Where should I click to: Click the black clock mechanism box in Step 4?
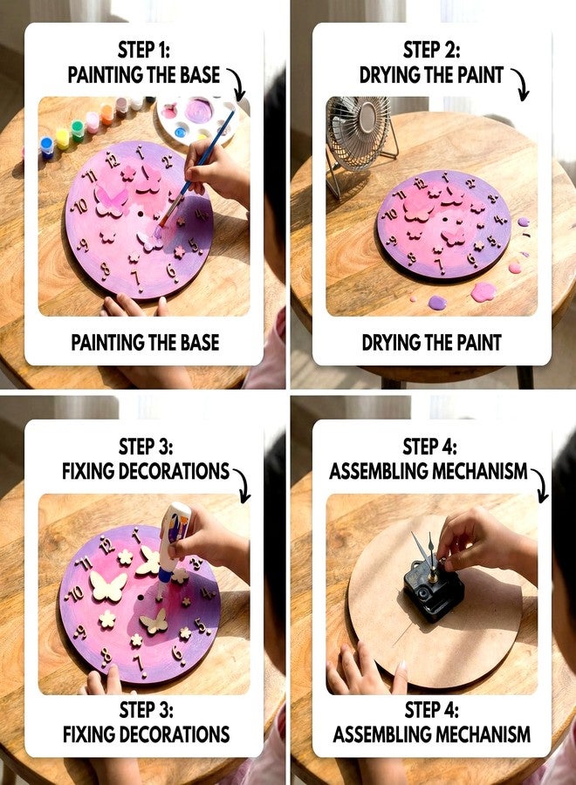point(434,590)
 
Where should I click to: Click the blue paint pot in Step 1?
point(46,147)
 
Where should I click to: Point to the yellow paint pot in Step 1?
point(62,139)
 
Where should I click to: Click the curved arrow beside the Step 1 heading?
point(237,83)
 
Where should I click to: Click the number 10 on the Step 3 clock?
point(75,594)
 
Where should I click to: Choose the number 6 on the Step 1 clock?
point(171,271)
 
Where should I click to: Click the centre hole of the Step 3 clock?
point(141,598)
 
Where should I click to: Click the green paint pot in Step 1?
point(77,130)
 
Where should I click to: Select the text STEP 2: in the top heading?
point(431,51)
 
